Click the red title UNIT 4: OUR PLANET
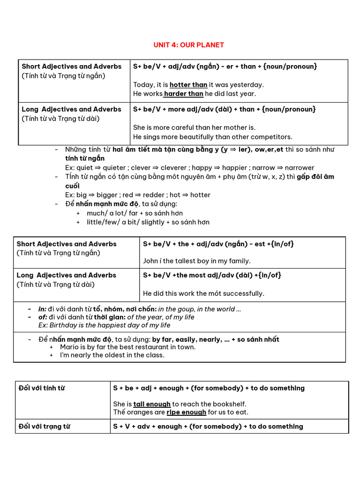[x=189, y=45]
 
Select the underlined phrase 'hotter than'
[x=188, y=85]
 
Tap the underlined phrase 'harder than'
[x=183, y=94]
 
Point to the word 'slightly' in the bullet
[x=152, y=222]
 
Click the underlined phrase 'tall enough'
[x=152, y=404]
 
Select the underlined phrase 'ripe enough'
[x=186, y=412]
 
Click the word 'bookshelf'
[x=230, y=404]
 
